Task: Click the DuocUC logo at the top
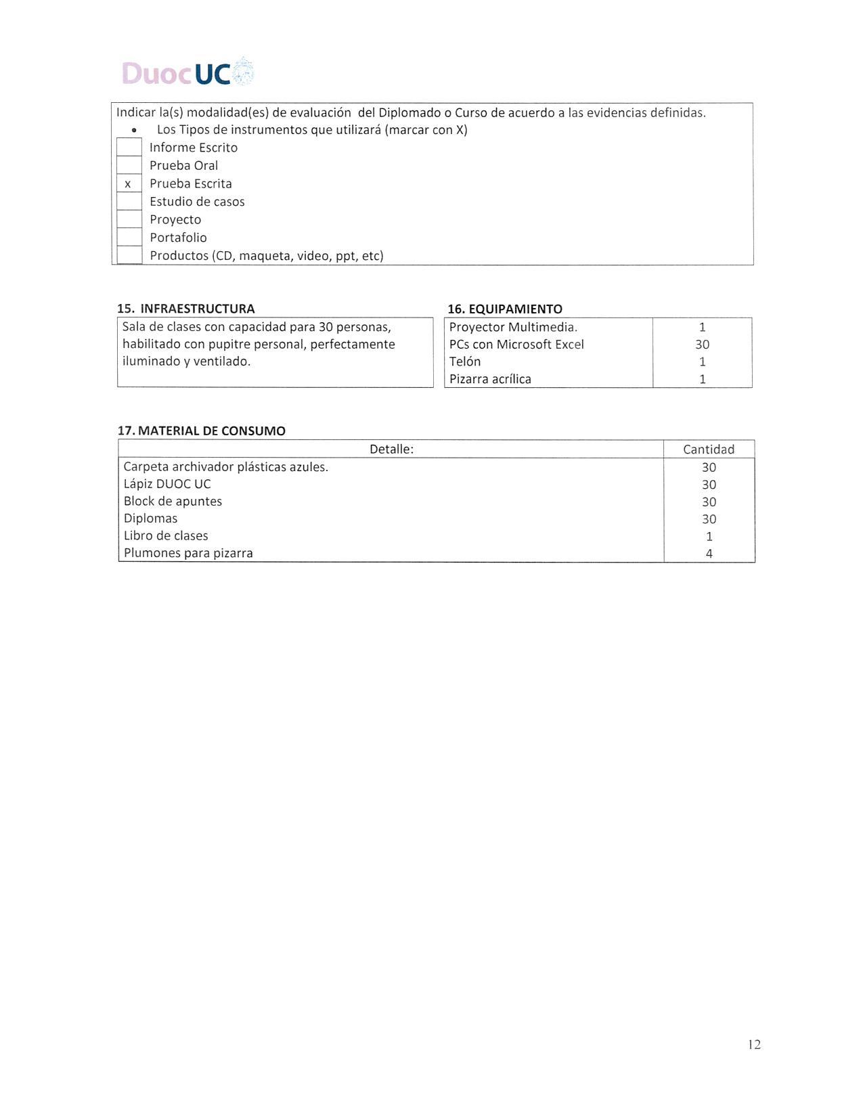[188, 72]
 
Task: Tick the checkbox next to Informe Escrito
[129, 148]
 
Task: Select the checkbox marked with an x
[129, 183]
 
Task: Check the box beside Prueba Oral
[129, 165]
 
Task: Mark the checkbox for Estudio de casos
[129, 201]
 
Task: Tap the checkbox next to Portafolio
[129, 237]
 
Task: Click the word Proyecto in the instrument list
[175, 219]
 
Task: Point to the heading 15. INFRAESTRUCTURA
[186, 309]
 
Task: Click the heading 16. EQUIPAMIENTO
[505, 309]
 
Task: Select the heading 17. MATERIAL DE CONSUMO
[202, 431]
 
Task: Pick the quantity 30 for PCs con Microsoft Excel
[702, 345]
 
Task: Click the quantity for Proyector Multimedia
[702, 327]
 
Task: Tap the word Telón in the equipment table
[465, 362]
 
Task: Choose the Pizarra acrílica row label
[490, 379]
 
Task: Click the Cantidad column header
[709, 449]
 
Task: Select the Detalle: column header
[391, 449]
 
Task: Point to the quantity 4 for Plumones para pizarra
[709, 553]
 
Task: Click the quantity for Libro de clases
[709, 536]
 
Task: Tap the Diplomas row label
[150, 519]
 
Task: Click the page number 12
[754, 1045]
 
